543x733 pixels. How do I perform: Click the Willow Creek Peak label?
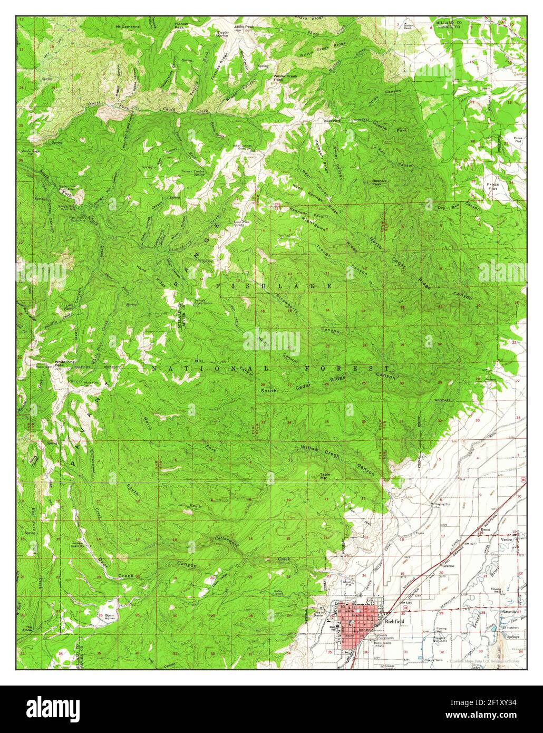click(x=285, y=78)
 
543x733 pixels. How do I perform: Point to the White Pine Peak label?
click(x=63, y=364)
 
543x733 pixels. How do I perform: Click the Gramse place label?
click(x=449, y=565)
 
